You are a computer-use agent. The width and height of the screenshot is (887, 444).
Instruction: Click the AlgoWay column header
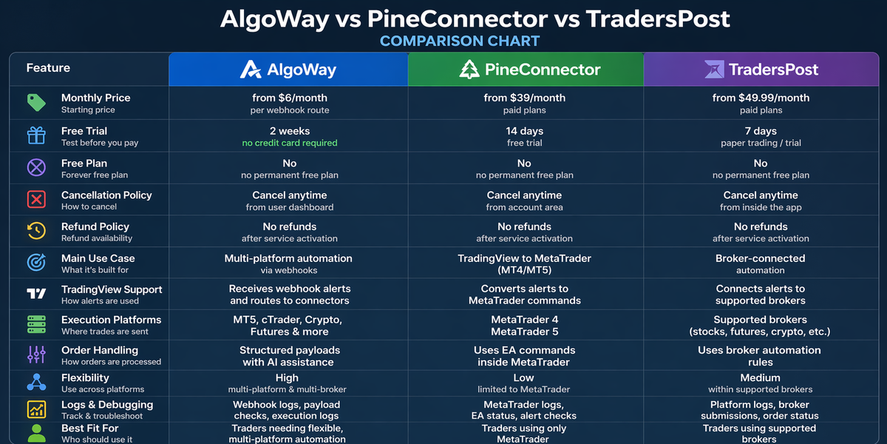288,70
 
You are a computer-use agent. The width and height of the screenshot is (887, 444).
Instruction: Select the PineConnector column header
525,70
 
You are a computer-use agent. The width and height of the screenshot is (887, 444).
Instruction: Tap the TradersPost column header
761,70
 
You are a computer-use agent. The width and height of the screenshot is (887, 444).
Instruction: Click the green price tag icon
36,103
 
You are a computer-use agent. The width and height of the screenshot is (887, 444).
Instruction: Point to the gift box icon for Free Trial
36,135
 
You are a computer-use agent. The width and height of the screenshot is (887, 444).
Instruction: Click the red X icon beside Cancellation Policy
36,200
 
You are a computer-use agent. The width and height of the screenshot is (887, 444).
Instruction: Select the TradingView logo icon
36,295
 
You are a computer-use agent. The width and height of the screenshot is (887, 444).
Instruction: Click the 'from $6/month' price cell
289,98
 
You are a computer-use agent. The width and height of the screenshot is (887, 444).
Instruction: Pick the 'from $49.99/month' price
761,98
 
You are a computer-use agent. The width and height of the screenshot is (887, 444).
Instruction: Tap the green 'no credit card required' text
289,143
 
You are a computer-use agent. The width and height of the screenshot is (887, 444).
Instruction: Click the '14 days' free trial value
524,131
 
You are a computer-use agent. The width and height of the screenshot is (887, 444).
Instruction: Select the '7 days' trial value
761,131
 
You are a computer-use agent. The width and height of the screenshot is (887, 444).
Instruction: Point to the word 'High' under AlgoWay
288,377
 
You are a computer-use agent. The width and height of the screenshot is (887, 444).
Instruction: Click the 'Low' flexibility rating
524,377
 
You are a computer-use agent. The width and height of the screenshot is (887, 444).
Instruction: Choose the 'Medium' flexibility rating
761,377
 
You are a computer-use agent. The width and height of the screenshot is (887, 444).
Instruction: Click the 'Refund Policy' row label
95,226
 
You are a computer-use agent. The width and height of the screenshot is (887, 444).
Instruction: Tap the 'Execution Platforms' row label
111,320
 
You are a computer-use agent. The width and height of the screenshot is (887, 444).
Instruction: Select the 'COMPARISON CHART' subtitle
460,41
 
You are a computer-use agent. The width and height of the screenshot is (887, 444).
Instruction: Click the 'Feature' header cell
48,68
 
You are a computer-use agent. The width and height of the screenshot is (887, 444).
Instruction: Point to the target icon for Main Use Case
36,263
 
